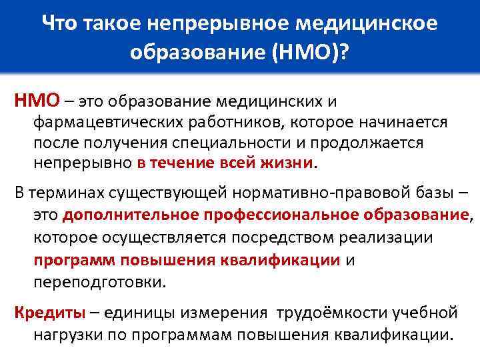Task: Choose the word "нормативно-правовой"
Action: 307,193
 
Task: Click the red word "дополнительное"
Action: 117,215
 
